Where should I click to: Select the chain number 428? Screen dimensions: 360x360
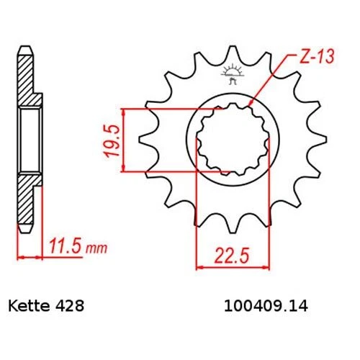[72, 305]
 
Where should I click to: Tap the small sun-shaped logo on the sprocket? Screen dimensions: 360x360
[233, 73]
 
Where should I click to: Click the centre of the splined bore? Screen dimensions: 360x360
[232, 139]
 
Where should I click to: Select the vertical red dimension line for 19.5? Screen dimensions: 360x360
[125, 139]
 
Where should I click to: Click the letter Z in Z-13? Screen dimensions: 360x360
[297, 56]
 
